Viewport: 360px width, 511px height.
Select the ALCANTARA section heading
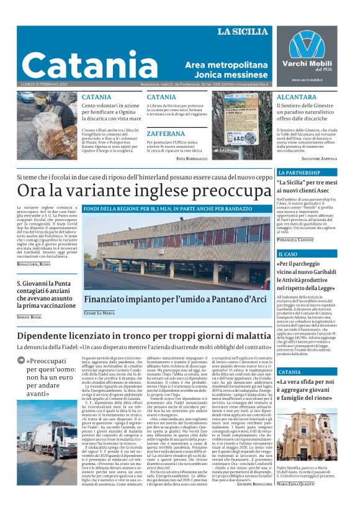pos(297,97)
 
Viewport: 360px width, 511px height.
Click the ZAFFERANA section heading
pos(167,133)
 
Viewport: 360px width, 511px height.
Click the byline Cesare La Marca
pos(99,313)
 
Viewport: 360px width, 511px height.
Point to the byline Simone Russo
pos(29,317)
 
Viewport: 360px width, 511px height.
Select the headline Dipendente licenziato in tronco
pos(144,335)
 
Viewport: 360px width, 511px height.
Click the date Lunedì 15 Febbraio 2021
pos(44,84)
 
